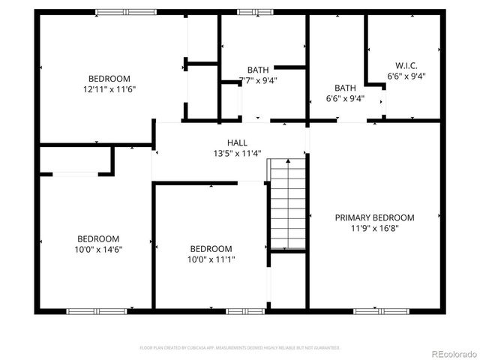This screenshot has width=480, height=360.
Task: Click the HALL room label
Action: click(237, 142)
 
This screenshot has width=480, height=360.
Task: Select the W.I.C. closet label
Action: click(406, 65)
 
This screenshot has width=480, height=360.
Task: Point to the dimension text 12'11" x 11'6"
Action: click(109, 88)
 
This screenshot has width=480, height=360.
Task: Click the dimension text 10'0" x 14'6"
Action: click(97, 249)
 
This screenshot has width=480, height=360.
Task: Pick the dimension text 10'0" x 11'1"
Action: click(211, 259)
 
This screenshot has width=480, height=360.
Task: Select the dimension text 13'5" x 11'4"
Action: click(237, 153)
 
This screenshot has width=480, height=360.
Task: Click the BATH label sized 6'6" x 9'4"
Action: click(345, 88)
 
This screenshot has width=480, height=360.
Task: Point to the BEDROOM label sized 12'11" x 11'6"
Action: click(109, 79)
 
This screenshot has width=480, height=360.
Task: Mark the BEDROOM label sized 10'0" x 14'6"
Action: click(97, 239)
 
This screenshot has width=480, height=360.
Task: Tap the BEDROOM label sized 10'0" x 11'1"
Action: click(211, 249)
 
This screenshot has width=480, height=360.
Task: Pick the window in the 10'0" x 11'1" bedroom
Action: click(245, 310)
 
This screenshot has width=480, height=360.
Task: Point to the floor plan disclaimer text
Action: click(240, 348)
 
